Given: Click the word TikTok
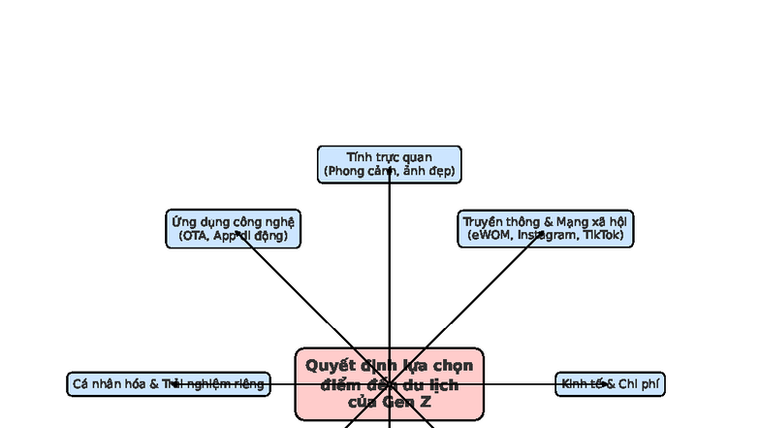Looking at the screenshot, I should point(603,236).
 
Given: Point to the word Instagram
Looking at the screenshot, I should point(548,236).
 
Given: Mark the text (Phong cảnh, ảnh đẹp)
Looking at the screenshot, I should point(389,172).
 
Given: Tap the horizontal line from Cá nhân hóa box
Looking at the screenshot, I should point(281,384).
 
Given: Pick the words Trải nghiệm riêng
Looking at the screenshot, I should point(213,384).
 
